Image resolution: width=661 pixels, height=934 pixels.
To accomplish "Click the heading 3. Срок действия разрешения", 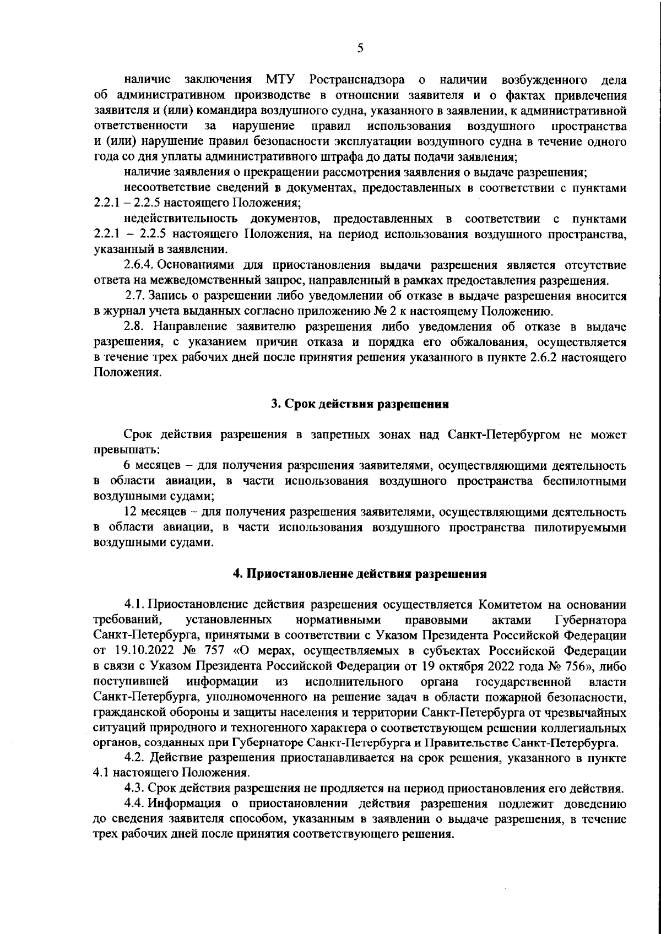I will (x=360, y=404).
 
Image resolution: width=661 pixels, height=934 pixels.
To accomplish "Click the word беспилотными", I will (x=587, y=481).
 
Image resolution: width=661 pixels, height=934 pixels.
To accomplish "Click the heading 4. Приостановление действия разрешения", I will (x=360, y=574).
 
